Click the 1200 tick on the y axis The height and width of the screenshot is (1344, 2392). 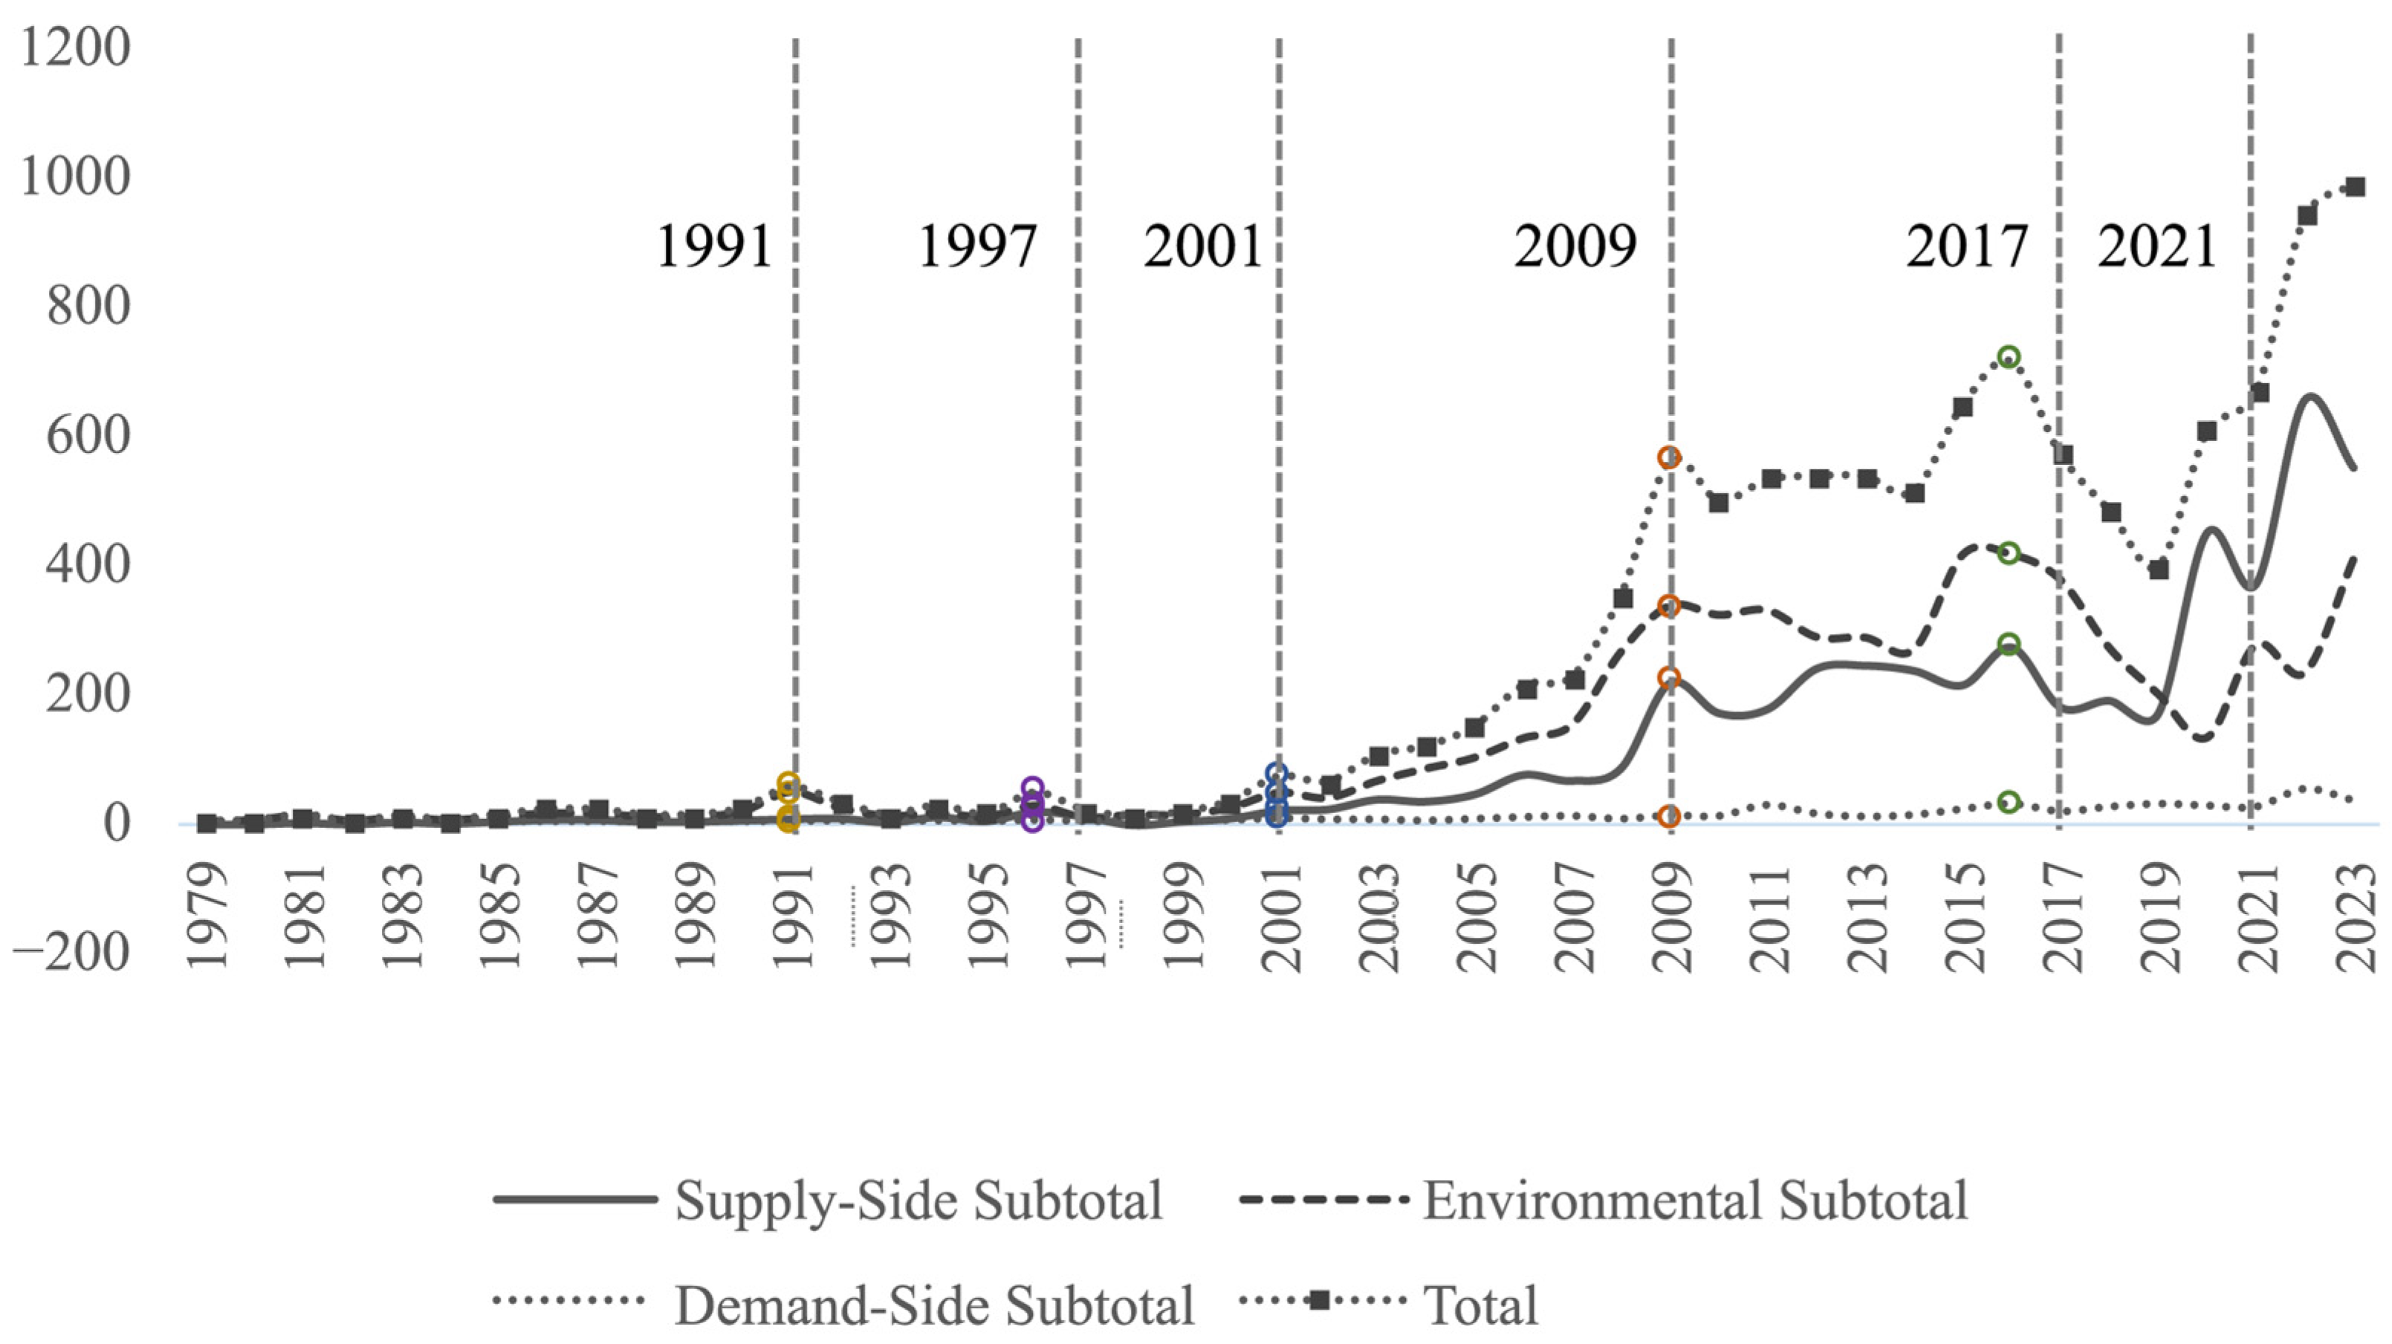75,48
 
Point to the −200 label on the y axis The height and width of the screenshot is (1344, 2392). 72,952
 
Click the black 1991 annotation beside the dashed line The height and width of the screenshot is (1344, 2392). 714,248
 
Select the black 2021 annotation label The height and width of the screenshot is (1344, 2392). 2157,248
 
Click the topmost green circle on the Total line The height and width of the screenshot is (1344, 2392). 2009,357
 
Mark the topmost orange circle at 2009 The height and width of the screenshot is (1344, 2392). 1670,457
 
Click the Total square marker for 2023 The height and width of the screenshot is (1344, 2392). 2356,187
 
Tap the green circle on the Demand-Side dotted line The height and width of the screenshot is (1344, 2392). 2009,802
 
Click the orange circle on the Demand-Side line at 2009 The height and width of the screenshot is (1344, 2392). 1670,817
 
